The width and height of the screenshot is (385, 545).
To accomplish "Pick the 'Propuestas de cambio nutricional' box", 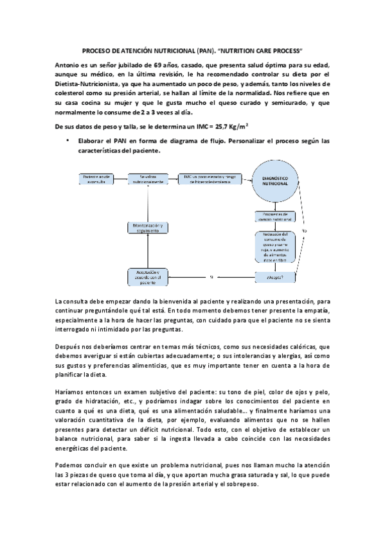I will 274,217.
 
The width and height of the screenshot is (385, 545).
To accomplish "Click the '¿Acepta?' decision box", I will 274,277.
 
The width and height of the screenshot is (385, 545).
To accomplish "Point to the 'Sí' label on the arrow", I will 211,277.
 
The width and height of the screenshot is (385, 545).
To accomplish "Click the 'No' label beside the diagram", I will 305,229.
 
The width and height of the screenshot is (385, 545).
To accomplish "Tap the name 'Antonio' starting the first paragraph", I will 69,66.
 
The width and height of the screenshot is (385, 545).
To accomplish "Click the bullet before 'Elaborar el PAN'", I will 67,139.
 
